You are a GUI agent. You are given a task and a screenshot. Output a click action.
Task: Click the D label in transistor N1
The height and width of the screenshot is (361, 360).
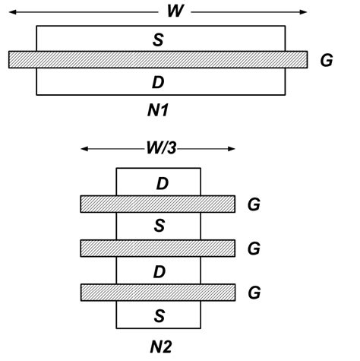[x=159, y=81]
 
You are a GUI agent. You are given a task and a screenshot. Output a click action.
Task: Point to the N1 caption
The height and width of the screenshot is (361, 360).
[x=159, y=111]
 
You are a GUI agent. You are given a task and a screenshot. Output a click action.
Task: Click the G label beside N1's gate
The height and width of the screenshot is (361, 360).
[x=326, y=60]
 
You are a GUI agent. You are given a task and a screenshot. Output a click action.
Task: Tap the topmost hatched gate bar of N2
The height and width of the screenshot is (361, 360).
[x=158, y=204]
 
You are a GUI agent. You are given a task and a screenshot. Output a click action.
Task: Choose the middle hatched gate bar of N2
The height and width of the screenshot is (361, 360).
[x=158, y=248]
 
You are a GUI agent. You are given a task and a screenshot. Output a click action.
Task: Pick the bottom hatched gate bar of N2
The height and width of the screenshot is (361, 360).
[x=158, y=291]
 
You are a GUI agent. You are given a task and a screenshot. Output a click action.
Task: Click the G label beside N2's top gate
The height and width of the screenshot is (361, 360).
[x=255, y=204]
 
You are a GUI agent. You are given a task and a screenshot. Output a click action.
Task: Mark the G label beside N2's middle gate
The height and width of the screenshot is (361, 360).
[x=255, y=248]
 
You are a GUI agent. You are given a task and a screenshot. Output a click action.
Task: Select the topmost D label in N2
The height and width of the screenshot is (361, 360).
[x=162, y=183]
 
